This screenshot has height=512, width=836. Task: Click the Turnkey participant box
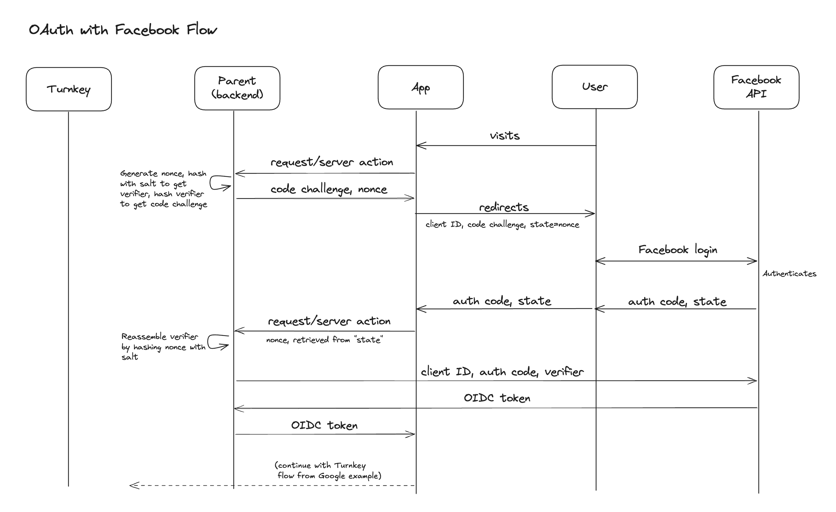69,89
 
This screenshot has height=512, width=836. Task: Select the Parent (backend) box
237,88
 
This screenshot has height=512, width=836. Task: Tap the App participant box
421,88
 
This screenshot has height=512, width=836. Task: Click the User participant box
594,87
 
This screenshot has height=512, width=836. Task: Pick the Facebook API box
756,87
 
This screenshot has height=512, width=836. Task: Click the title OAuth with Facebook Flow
123,30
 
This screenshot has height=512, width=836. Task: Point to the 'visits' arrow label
505,136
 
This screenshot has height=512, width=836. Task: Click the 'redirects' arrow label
504,207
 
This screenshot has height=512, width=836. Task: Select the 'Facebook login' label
678,250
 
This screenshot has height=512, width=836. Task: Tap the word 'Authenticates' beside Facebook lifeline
789,274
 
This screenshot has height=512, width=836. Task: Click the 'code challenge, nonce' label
329,189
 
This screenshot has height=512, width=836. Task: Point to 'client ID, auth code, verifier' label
502,372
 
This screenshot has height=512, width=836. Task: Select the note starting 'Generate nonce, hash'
164,189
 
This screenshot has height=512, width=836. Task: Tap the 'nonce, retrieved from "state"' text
324,340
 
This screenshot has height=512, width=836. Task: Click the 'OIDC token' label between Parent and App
324,425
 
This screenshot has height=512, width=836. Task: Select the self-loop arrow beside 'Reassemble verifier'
217,342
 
